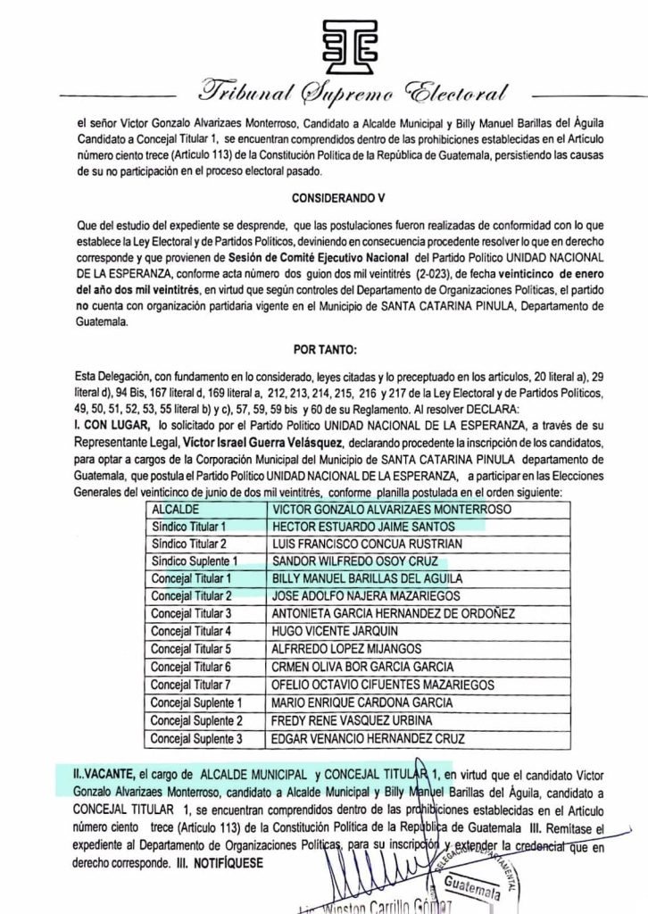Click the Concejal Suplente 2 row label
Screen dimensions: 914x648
point(196,719)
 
